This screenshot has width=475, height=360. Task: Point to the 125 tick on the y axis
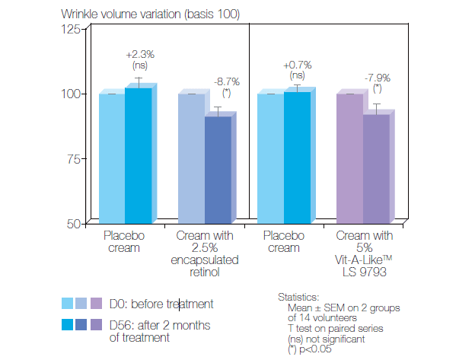(72, 30)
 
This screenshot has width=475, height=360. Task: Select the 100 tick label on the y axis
(72, 94)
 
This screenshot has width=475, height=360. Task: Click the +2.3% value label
(139, 55)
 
